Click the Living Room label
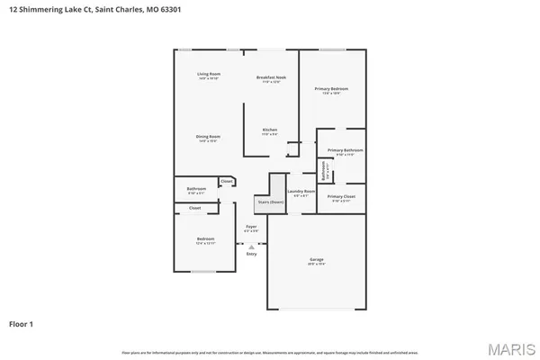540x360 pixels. coord(209,74)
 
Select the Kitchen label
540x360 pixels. coord(269,130)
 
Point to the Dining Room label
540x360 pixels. coord(209,137)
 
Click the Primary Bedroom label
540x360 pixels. coord(331,88)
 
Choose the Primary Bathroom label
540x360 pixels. coord(345,150)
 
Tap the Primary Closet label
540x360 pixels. coord(341,196)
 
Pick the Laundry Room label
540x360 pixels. coord(301,191)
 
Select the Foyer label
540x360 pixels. coord(252,228)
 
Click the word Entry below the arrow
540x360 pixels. coord(252,254)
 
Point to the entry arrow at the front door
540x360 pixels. coord(252,246)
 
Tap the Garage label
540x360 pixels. coord(318,259)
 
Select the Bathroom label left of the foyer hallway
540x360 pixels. coord(196,189)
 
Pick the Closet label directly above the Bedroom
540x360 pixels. coord(194,208)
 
